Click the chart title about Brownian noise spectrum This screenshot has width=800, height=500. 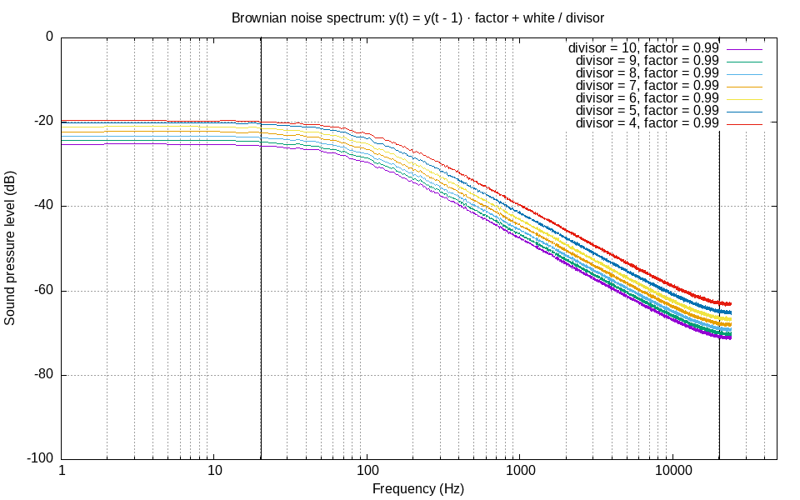(418, 17)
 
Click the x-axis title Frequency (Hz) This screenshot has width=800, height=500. (418, 488)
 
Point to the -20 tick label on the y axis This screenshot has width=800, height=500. (42, 122)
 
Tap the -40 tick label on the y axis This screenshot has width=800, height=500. (42, 206)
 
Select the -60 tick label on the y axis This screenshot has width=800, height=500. (42, 291)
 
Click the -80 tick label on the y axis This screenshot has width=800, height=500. (42, 375)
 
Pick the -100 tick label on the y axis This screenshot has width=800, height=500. (39, 459)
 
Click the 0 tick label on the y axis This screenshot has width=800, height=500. (49, 37)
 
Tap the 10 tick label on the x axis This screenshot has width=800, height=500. (215, 471)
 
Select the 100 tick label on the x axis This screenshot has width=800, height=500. (367, 471)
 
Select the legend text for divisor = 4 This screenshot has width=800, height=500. (647, 122)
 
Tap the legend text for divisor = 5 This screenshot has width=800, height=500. (647, 110)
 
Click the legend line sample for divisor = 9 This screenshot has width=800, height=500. (745, 61)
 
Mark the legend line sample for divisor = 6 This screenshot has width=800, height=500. (745, 98)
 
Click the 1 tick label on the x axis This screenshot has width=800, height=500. (62, 471)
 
